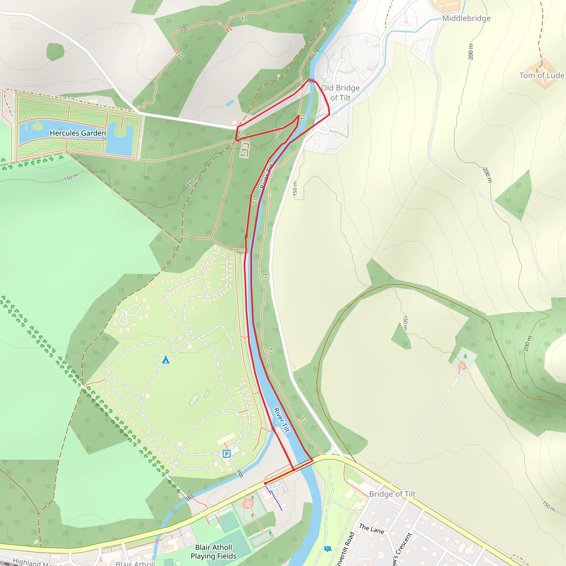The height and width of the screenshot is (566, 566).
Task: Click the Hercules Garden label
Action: pyautogui.click(x=78, y=133)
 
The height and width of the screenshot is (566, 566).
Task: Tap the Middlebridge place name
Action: pyautogui.click(x=466, y=19)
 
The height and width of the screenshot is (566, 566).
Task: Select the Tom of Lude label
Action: pyautogui.click(x=542, y=75)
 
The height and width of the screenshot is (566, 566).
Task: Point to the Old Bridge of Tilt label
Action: pyautogui.click(x=340, y=93)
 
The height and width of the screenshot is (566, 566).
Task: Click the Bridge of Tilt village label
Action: pyautogui.click(x=392, y=494)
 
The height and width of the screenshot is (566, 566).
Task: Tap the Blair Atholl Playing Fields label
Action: pyautogui.click(x=214, y=552)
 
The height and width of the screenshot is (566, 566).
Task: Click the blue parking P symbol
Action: pyautogui.click(x=226, y=454)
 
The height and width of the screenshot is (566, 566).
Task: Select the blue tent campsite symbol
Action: pyautogui.click(x=166, y=360)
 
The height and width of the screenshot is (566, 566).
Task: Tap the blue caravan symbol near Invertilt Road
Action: pyautogui.click(x=328, y=549)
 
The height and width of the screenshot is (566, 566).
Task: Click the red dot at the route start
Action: pyautogui.click(x=265, y=484)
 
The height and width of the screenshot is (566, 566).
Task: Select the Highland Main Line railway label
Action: pyautogui.click(x=38, y=562)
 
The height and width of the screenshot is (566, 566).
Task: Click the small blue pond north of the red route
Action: pyautogui.click(x=230, y=103)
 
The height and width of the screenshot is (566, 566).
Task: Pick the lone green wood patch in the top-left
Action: pyautogui.click(x=55, y=52)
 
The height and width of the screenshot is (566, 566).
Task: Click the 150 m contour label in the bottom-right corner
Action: pyautogui.click(x=548, y=506)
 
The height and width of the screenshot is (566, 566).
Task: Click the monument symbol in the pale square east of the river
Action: pyautogui.click(x=465, y=356)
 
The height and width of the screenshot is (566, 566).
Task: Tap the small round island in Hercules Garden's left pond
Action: pyautogui.click(x=38, y=126)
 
